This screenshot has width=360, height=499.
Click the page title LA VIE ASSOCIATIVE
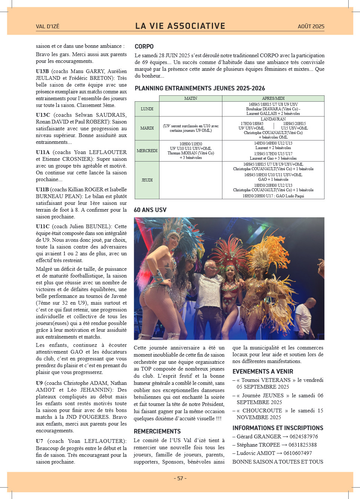coord(180,26)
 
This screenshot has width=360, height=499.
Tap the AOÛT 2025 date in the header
coord(311,26)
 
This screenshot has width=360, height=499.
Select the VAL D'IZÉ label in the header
coord(47,26)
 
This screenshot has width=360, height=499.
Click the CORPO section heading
coord(144,46)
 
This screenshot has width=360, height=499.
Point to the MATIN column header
coord(191,98)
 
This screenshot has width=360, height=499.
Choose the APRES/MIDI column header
coord(273,98)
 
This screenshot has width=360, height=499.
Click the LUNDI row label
coord(147,109)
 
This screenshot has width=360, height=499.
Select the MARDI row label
coord(147,128)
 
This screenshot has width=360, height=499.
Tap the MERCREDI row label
coord(147,151)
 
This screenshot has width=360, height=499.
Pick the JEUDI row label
coord(147,180)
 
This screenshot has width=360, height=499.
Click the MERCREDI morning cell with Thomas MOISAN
coord(191,151)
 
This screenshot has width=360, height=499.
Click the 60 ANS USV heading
coord(150,210)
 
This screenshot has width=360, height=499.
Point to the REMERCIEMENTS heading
coord(157,431)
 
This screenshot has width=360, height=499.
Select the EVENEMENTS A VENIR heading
coord(263,371)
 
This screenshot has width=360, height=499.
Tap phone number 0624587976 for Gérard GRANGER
coord(303,436)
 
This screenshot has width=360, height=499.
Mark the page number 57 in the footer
coord(180,478)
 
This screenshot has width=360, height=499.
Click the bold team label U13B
coord(42,71)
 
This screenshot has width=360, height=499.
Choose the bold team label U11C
coord(43,226)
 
